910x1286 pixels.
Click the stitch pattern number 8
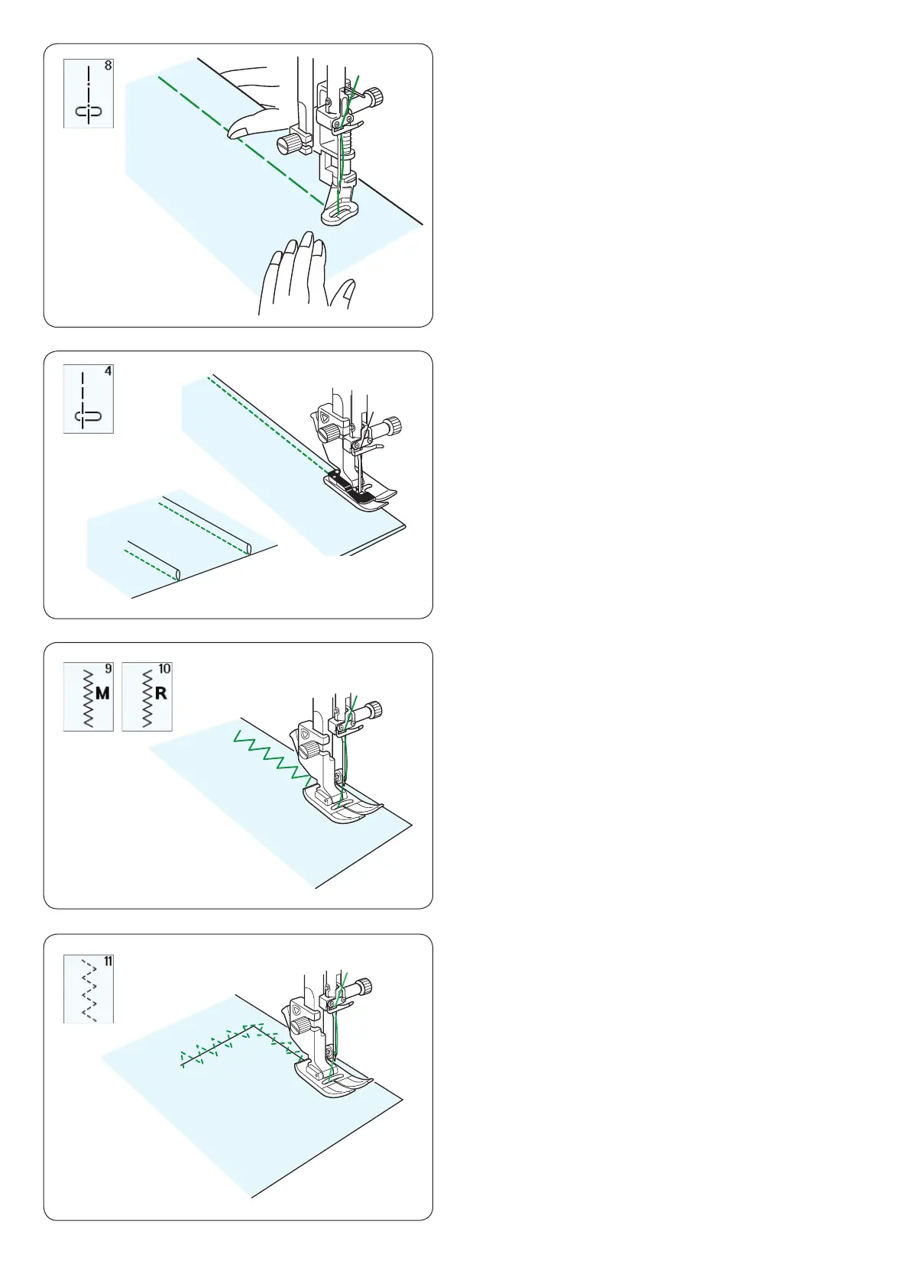108,66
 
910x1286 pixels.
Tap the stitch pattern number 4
108,371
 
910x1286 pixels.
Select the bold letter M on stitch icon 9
103,693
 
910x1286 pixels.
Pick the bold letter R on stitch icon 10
161,693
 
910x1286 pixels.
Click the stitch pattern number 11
108,961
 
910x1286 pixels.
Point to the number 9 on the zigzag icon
108,669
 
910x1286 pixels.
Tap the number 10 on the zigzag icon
164,669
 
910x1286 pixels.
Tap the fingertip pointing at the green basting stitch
235,133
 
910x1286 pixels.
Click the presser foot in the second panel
361,488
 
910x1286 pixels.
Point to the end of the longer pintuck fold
249,549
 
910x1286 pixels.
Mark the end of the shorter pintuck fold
178,574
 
